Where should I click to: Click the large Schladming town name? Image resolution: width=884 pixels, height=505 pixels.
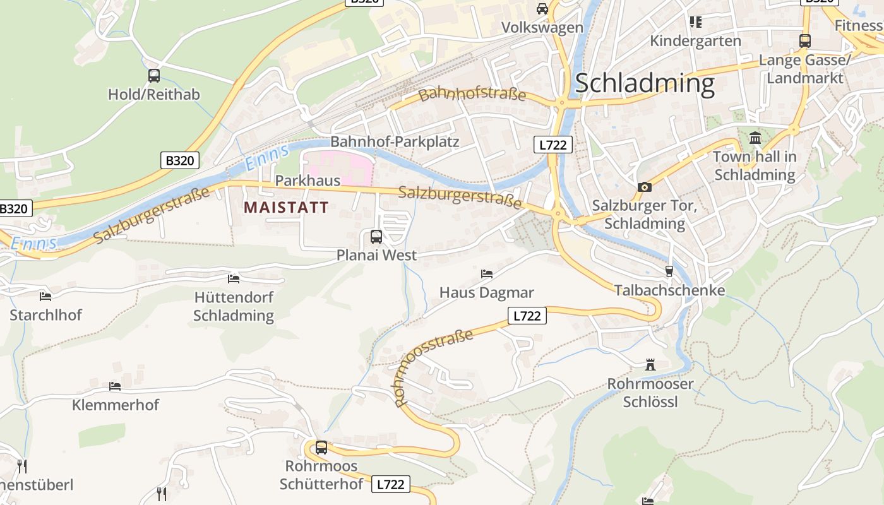click(645, 84)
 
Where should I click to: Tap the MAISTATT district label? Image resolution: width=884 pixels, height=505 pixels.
click(286, 207)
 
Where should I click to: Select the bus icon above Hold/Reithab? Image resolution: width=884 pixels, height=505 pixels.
click(154, 76)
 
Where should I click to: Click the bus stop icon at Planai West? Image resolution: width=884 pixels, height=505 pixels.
click(376, 237)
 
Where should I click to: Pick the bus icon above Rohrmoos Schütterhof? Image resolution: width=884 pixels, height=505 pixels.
click(321, 448)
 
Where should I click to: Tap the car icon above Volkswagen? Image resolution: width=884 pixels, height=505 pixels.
click(542, 8)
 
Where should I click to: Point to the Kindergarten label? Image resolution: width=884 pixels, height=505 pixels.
click(695, 41)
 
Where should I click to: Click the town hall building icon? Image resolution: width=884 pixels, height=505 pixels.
click(755, 138)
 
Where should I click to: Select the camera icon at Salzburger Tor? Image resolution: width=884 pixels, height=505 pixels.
click(644, 187)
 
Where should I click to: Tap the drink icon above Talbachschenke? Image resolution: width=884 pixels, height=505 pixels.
click(669, 271)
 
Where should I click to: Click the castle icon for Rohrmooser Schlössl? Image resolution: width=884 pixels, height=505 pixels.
click(650, 365)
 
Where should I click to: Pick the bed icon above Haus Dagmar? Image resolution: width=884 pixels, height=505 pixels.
click(487, 273)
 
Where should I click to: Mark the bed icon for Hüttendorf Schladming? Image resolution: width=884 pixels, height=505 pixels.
click(234, 278)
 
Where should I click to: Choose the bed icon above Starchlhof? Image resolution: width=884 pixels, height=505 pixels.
click(45, 295)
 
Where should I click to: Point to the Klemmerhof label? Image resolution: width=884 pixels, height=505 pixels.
click(116, 405)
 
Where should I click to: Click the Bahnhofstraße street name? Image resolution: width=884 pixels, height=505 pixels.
click(472, 95)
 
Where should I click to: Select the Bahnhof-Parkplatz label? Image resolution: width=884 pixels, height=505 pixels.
click(395, 141)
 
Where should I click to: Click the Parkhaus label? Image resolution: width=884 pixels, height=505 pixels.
click(308, 181)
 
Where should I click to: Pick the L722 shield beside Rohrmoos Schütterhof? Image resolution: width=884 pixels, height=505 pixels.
click(390, 484)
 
